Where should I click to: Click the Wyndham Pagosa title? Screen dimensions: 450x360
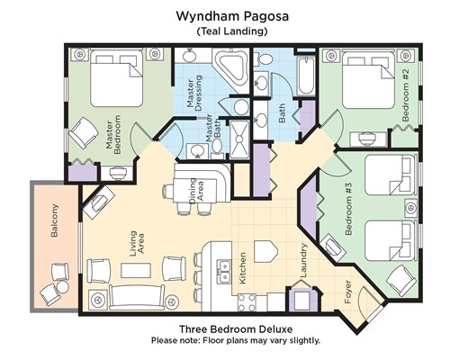232,16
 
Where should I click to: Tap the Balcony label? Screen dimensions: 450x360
55,220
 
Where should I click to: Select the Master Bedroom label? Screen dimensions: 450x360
113,135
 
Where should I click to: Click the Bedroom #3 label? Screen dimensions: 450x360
348,210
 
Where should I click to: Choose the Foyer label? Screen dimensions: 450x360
348,292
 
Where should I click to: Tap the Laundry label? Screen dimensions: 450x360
303,260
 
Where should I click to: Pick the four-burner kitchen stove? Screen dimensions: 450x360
247,302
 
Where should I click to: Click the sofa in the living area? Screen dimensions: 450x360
137,297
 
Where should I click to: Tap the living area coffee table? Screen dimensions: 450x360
136,270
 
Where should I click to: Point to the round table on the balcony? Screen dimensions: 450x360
63,287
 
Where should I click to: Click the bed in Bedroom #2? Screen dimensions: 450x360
368,80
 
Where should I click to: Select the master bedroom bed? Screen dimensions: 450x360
116,78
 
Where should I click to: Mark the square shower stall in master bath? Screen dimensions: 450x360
239,139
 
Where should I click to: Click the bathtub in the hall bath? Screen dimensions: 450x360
306,76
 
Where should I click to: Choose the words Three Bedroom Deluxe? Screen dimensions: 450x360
236,329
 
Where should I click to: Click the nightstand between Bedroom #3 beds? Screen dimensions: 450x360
410,208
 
